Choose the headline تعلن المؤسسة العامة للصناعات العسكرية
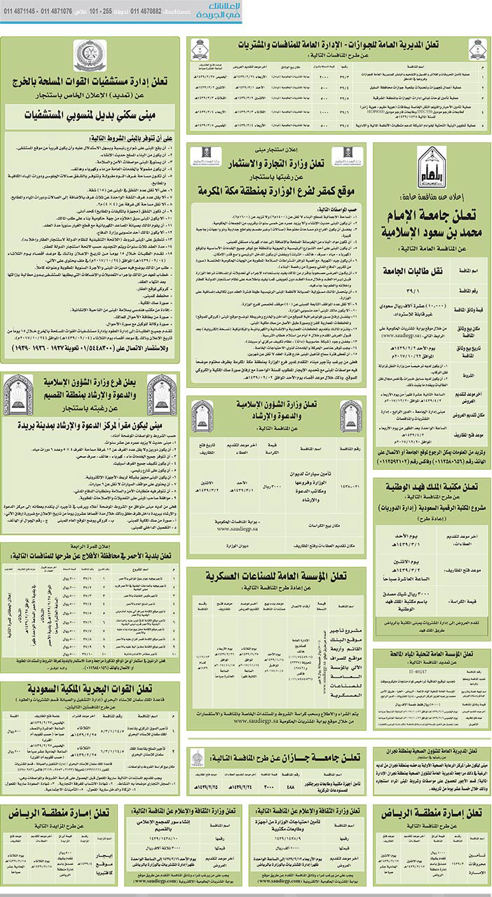[x=279, y=576]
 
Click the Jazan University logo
[x=198, y=758]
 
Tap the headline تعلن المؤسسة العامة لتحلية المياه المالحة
[x=432, y=655]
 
